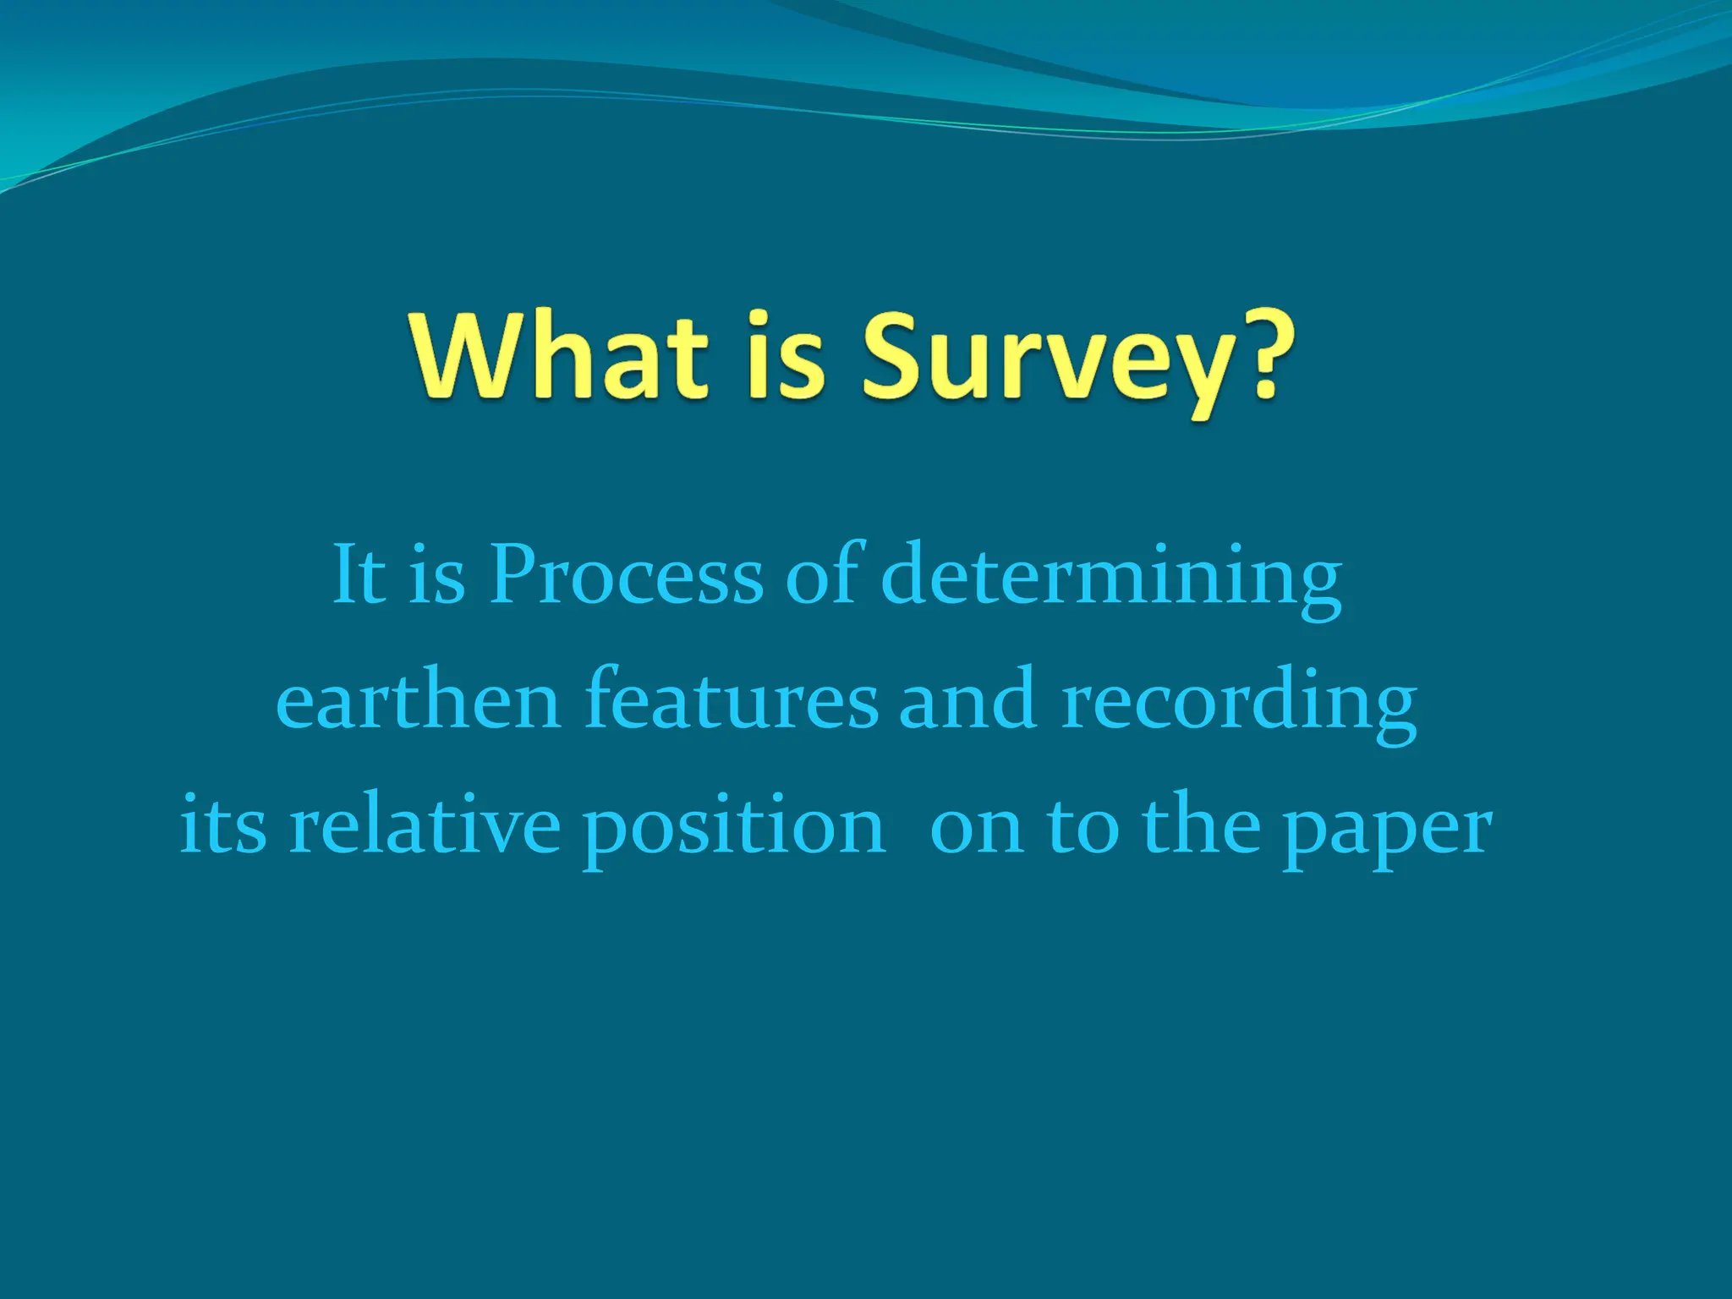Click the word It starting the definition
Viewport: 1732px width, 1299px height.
click(359, 574)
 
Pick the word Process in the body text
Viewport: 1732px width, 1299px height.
click(627, 574)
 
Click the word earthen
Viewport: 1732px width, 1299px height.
click(419, 700)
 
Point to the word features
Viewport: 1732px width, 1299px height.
click(732, 700)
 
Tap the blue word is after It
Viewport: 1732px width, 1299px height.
click(436, 574)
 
